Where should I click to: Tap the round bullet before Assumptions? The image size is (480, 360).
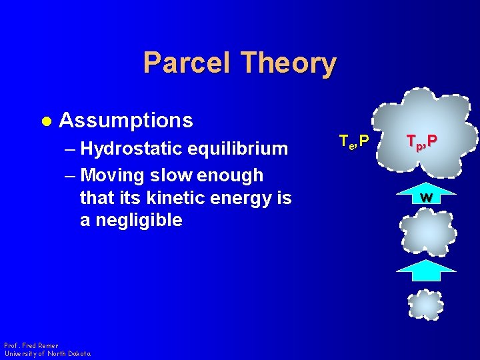tap(45, 121)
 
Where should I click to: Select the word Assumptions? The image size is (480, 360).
tap(126, 121)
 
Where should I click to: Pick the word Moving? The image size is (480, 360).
tap(113, 175)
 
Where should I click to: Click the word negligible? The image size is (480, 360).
tap(139, 220)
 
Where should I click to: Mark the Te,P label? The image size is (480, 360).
tap(353, 141)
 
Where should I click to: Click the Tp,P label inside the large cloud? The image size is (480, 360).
tap(423, 141)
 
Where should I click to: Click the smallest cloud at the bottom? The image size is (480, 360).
tap(425, 305)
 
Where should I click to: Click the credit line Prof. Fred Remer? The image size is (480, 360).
tap(31, 345)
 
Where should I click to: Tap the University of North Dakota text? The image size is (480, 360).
tap(47, 353)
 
